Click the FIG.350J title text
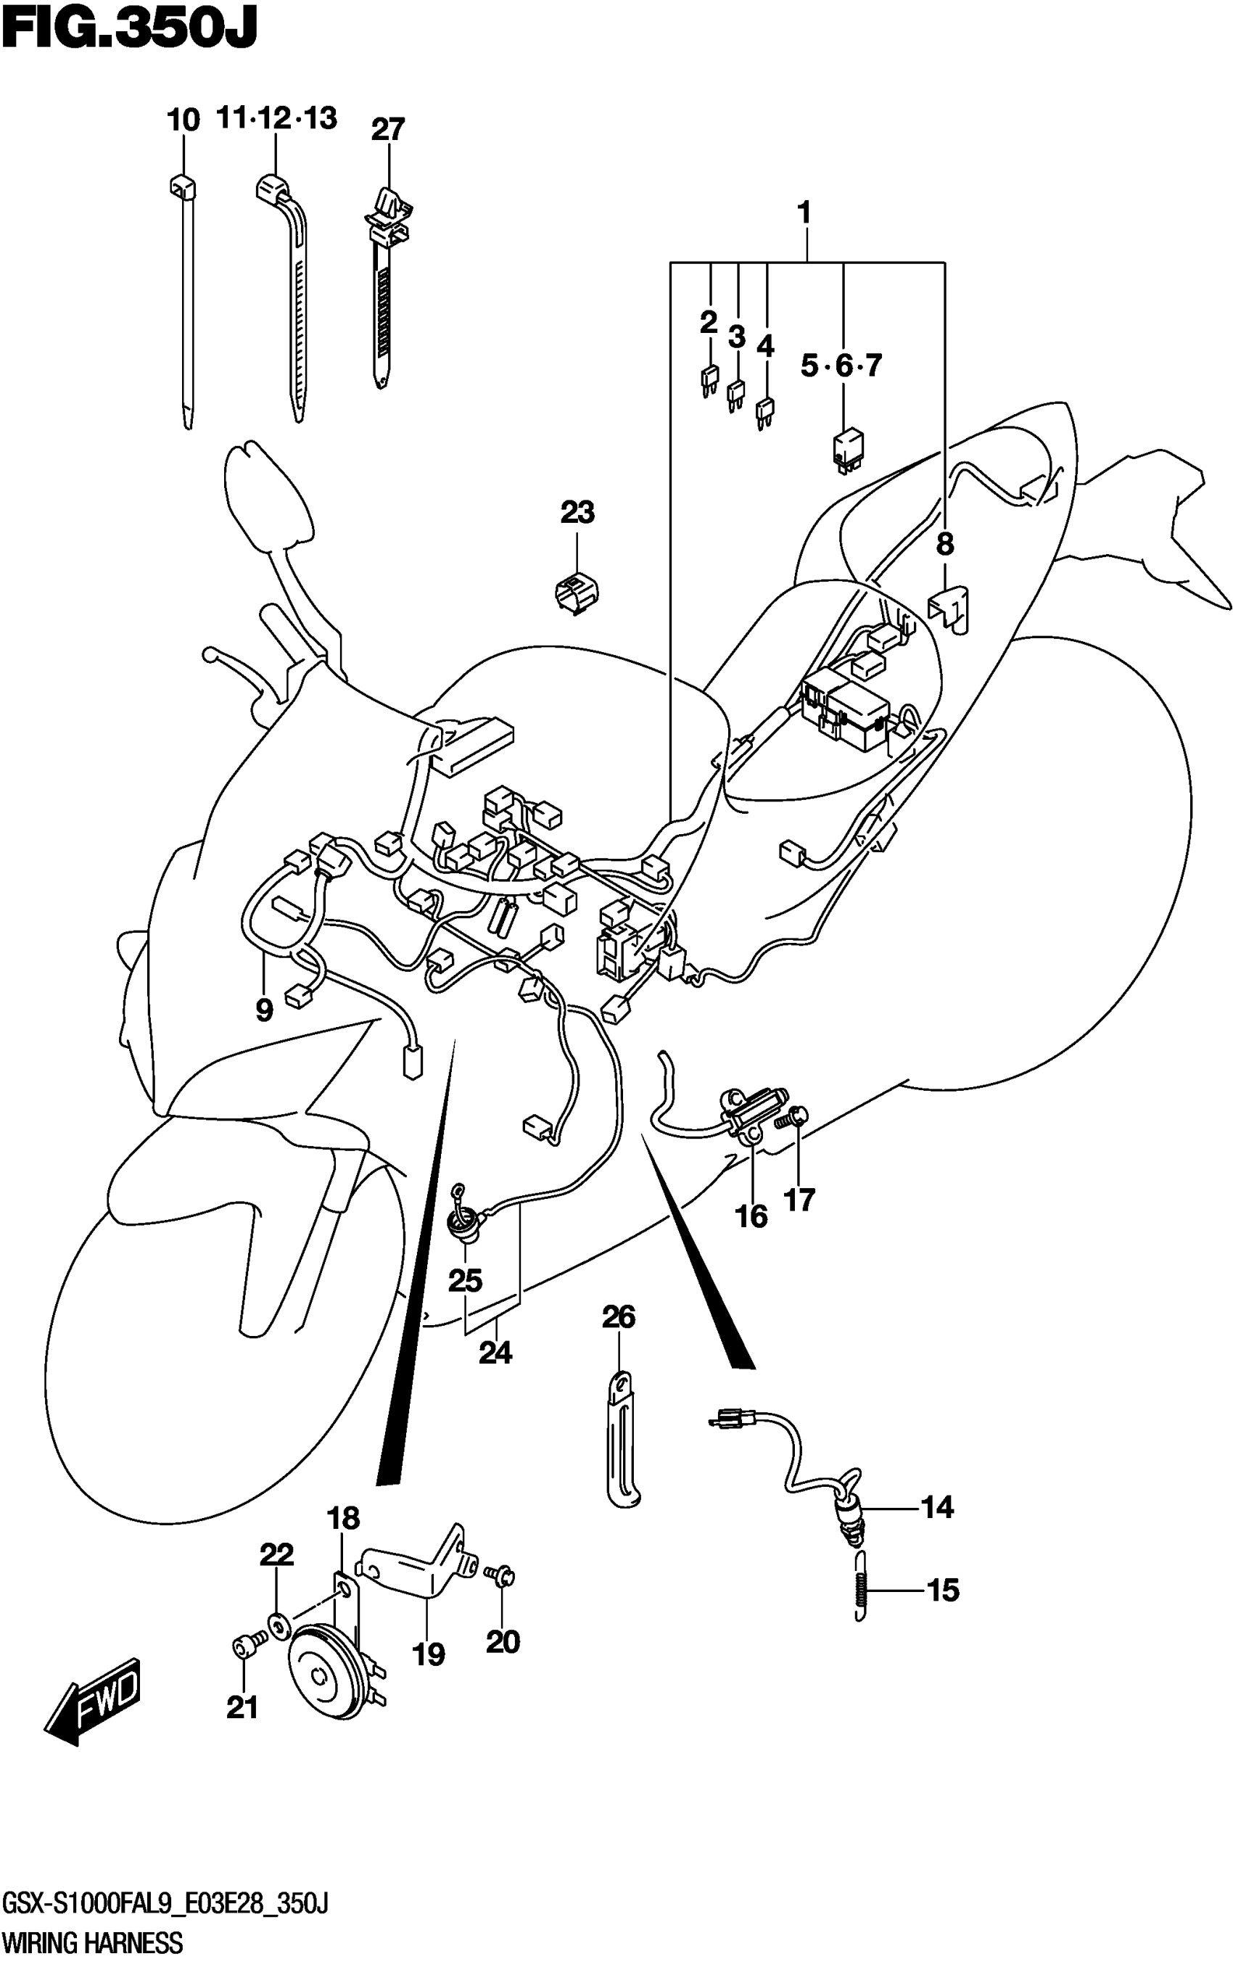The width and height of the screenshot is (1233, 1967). pyautogui.click(x=129, y=30)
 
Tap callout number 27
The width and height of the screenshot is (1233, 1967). pyautogui.click(x=387, y=130)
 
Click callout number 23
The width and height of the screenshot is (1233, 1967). pyautogui.click(x=577, y=513)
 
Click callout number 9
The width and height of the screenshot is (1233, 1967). pyautogui.click(x=264, y=1010)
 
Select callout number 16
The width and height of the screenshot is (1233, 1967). pyautogui.click(x=751, y=1217)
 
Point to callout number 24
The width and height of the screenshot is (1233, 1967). pyautogui.click(x=495, y=1353)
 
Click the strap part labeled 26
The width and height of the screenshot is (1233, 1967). pyautogui.click(x=622, y=1444)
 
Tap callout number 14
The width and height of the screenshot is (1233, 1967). pyautogui.click(x=937, y=1507)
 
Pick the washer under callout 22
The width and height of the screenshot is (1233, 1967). pyautogui.click(x=277, y=1628)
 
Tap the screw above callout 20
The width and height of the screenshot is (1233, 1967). pyautogui.click(x=498, y=1574)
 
